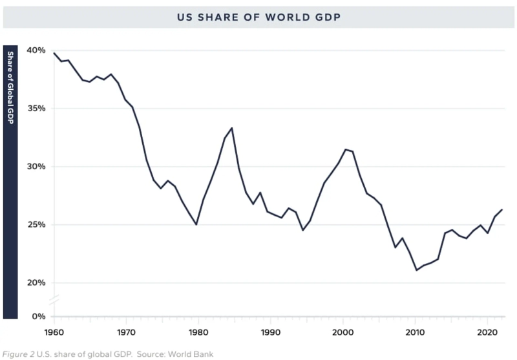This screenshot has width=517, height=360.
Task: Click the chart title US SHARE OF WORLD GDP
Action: click(x=258, y=17)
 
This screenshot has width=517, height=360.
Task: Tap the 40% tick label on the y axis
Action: click(x=36, y=50)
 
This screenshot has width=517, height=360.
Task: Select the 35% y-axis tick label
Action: click(x=36, y=109)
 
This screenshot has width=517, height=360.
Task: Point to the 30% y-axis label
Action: click(x=36, y=167)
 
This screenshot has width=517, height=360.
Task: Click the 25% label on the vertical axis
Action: click(x=36, y=225)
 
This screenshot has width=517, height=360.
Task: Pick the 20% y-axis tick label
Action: click(x=36, y=283)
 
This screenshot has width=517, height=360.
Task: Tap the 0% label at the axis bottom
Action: click(x=39, y=317)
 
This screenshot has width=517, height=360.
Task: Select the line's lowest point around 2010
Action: click(x=416, y=270)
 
